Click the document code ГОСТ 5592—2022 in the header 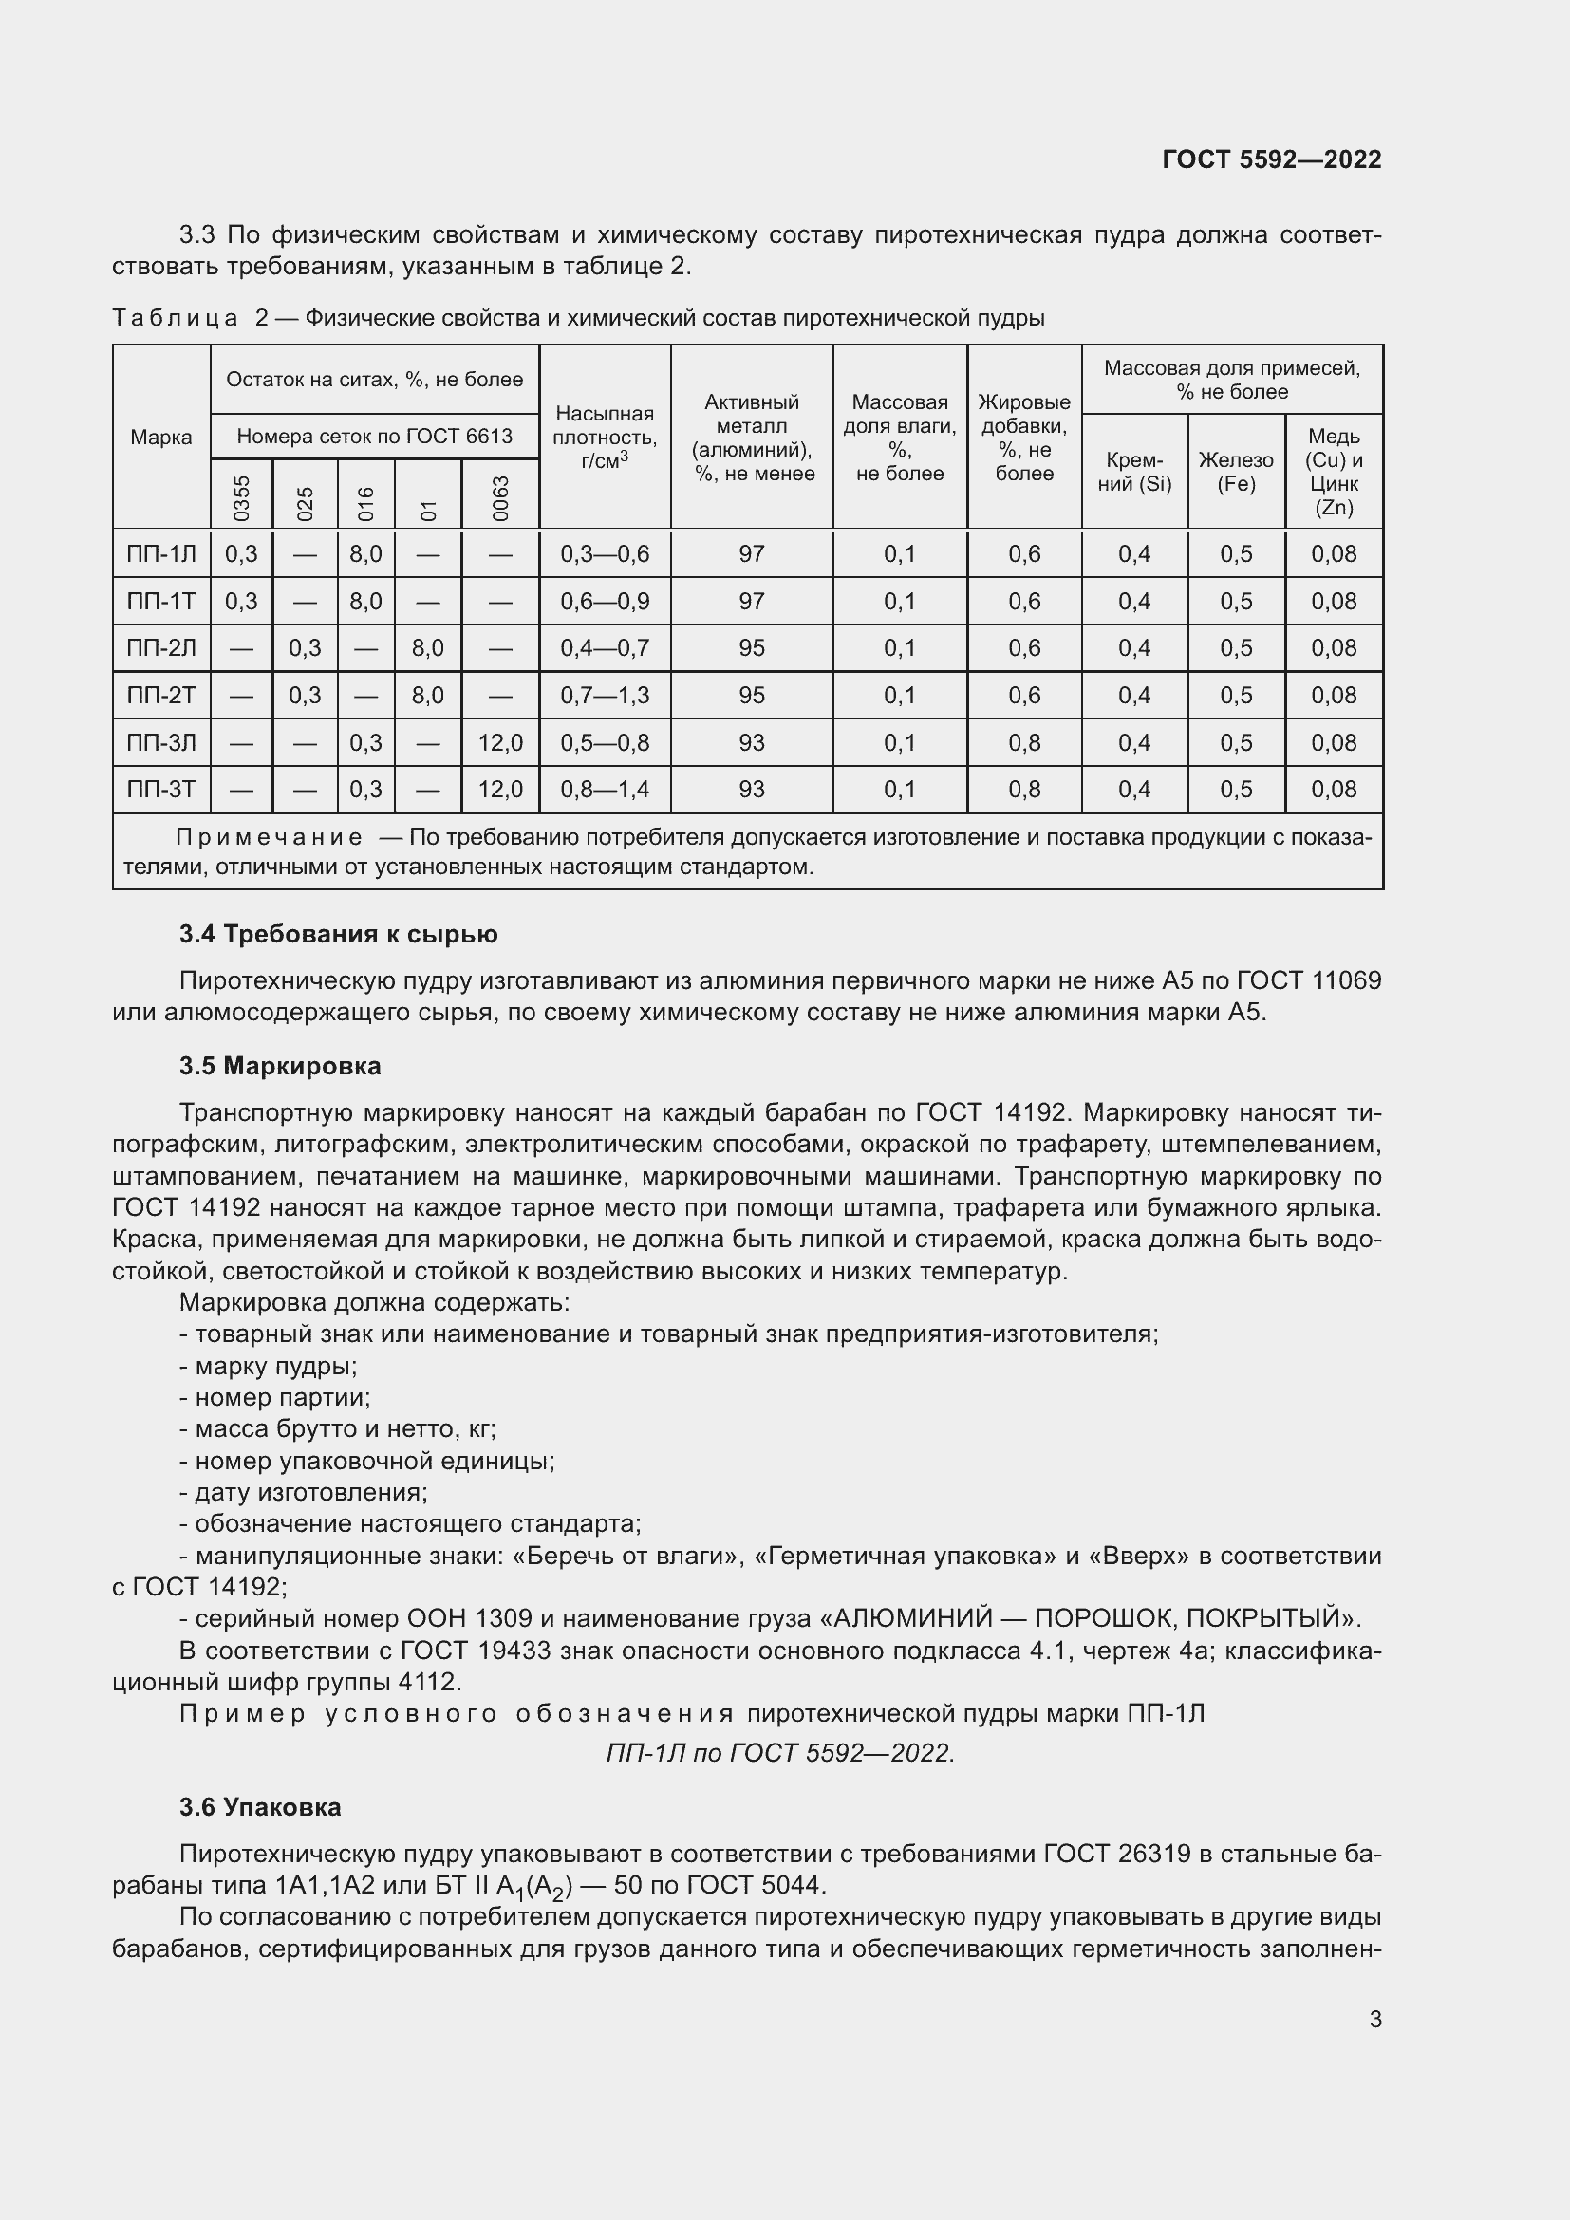pyautogui.click(x=1271, y=160)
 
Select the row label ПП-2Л pyautogui.click(x=160, y=648)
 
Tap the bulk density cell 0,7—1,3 pyautogui.click(x=605, y=695)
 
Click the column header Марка pyautogui.click(x=160, y=437)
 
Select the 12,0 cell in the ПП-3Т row pyautogui.click(x=500, y=789)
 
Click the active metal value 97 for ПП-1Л pyautogui.click(x=751, y=554)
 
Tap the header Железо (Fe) pyautogui.click(x=1236, y=472)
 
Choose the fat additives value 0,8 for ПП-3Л pyautogui.click(x=1024, y=742)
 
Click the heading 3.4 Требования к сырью pyautogui.click(x=338, y=934)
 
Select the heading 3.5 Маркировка pyautogui.click(x=280, y=1067)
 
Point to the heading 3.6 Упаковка pyautogui.click(x=260, y=1807)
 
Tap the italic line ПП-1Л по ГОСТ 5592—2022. pyautogui.click(x=780, y=1753)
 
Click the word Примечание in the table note pyautogui.click(x=270, y=837)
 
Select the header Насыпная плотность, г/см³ pyautogui.click(x=605, y=437)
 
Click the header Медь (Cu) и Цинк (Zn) pyautogui.click(x=1333, y=472)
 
